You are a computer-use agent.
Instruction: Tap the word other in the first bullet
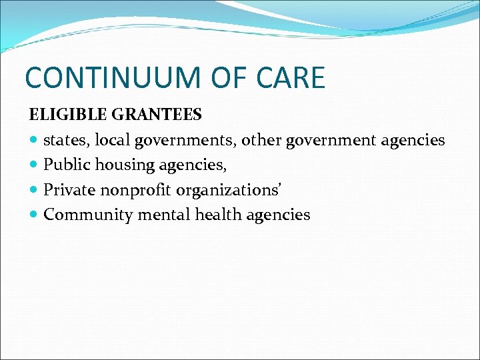[x=261, y=140]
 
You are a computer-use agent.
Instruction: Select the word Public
[x=65, y=165]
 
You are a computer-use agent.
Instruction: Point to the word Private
[x=69, y=190]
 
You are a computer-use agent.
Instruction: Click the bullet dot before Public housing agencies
[x=34, y=165]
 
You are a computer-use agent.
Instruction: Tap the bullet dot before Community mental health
[x=34, y=215]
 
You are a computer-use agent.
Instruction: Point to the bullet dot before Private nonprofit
[x=34, y=191]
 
